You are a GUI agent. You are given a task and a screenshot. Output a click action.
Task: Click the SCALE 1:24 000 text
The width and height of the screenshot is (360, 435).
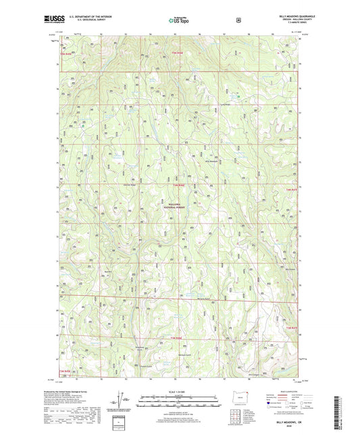pyautogui.click(x=180, y=392)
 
